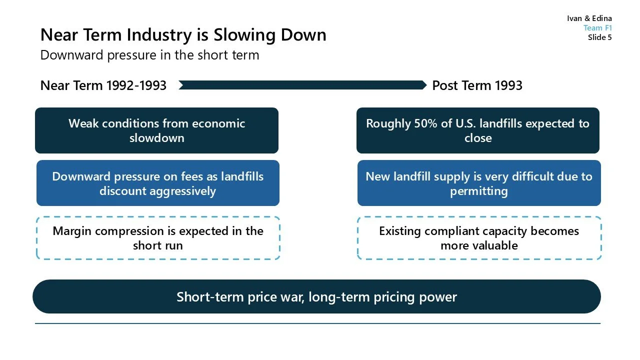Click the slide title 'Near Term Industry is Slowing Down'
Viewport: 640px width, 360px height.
(x=183, y=35)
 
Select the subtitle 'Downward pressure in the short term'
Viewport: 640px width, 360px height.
(x=149, y=55)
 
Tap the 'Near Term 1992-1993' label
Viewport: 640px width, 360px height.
(x=103, y=85)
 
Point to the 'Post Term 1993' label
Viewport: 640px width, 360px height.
(x=477, y=85)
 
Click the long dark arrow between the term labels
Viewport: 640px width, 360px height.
(x=302, y=85)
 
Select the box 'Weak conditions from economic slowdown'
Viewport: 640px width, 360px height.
(x=156, y=130)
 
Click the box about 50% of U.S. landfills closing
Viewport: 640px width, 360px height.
(x=477, y=130)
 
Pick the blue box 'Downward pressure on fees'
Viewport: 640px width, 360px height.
(x=157, y=183)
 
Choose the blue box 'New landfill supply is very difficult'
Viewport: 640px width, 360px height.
(x=478, y=183)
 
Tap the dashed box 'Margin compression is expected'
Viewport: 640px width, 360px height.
(x=157, y=238)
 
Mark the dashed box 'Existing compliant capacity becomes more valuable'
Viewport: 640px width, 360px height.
(x=478, y=238)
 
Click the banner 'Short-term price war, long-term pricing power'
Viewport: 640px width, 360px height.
(x=316, y=297)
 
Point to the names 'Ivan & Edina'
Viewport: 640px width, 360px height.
(x=589, y=18)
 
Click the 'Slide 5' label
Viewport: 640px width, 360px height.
(x=599, y=37)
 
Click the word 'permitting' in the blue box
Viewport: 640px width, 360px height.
(x=478, y=191)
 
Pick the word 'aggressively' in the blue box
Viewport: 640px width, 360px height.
(x=157, y=191)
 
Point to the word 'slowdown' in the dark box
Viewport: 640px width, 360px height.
(x=156, y=138)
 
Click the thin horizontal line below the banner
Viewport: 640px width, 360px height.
(x=317, y=323)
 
